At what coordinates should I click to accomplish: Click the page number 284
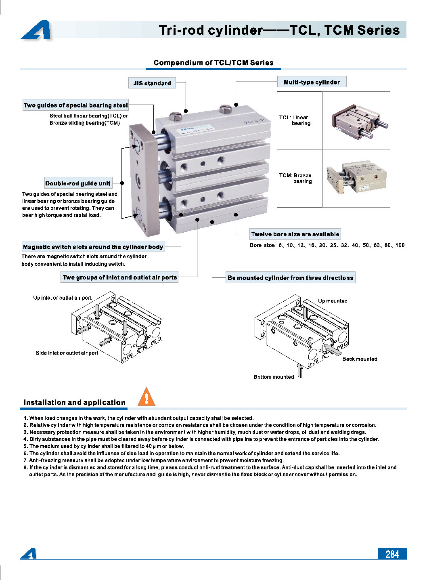pyautogui.click(x=392, y=554)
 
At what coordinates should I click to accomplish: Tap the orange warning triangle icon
pyautogui.click(x=146, y=397)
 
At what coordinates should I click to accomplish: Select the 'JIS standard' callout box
pyautogui.click(x=152, y=83)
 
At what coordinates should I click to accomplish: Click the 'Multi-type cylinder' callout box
pyautogui.click(x=312, y=82)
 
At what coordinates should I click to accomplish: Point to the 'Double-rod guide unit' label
pyautogui.click(x=78, y=183)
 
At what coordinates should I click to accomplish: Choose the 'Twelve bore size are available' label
pyautogui.click(x=295, y=234)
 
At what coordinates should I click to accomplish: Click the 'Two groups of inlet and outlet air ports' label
pyautogui.click(x=120, y=277)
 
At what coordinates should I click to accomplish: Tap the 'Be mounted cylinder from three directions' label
pyautogui.click(x=290, y=278)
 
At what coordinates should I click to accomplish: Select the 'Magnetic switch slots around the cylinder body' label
pyautogui.click(x=93, y=247)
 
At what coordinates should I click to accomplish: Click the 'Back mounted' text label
pyautogui.click(x=360, y=359)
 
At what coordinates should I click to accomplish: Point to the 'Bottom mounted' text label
pyautogui.click(x=274, y=377)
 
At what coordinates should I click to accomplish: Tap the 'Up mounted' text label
pyautogui.click(x=333, y=301)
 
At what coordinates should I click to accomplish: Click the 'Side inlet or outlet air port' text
pyautogui.click(x=67, y=353)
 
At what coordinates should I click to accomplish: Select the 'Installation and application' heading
pyautogui.click(x=75, y=403)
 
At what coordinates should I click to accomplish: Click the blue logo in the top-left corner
pyautogui.click(x=36, y=30)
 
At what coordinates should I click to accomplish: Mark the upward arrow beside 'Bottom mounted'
pyautogui.click(x=299, y=370)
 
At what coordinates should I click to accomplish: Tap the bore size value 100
pyautogui.click(x=400, y=245)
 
